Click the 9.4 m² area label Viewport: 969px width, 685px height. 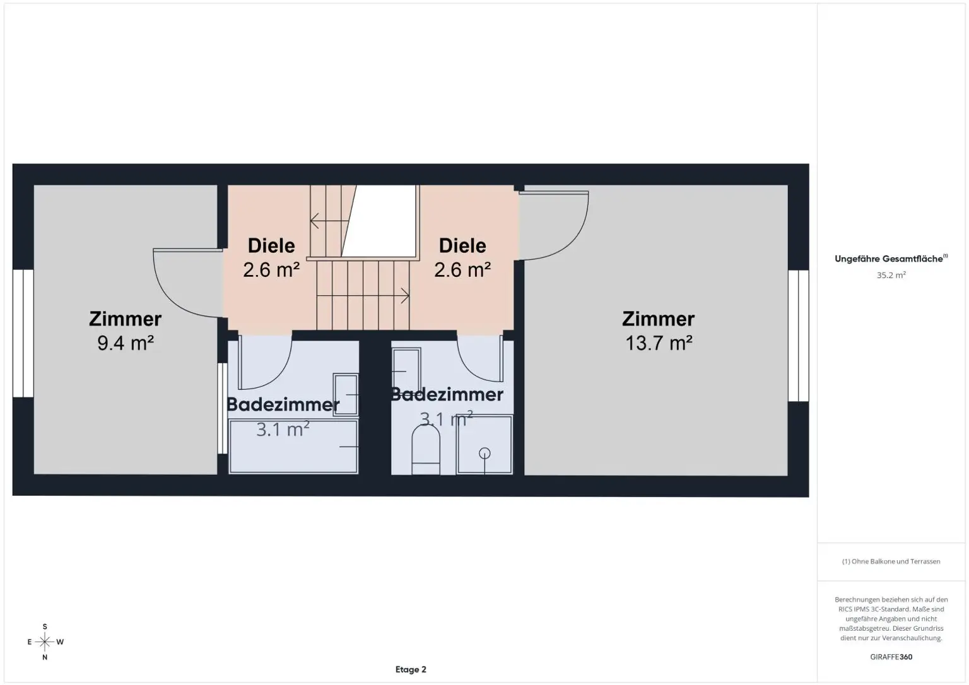coord(126,343)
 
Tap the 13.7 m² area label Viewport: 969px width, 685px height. coord(659,343)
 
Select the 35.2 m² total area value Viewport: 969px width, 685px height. coord(891,275)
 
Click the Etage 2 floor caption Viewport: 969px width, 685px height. coord(411,669)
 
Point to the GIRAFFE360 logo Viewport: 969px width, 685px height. coord(891,657)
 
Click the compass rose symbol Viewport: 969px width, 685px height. coord(45,641)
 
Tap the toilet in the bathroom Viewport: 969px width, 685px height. coord(426,450)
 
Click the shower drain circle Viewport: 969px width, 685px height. coord(484,454)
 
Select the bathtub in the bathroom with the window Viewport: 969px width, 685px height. coord(293,447)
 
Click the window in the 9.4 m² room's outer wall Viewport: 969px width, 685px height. coord(23,334)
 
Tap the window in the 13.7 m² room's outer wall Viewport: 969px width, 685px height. coord(798,336)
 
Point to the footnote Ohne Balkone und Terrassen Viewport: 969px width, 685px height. coord(891,561)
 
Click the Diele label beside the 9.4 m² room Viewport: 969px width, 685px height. coord(271,245)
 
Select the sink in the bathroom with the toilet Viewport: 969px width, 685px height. coord(406,371)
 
